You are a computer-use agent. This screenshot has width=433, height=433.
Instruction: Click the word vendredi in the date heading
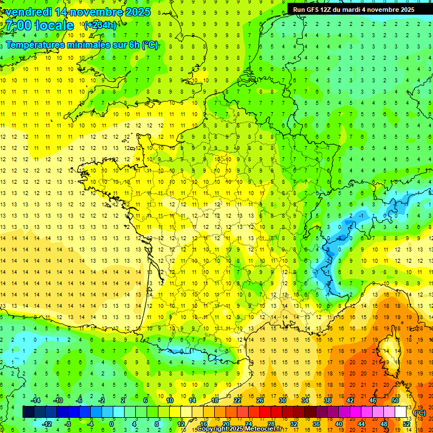(x=28, y=12)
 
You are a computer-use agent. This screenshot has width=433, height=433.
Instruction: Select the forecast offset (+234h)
(x=100, y=25)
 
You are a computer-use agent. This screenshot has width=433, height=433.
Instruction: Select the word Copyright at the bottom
(x=212, y=429)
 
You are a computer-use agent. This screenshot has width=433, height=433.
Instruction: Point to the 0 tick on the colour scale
(x=112, y=424)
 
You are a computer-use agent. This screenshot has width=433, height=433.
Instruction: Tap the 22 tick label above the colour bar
(x=237, y=400)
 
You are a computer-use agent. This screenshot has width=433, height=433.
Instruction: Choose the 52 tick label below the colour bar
(x=406, y=424)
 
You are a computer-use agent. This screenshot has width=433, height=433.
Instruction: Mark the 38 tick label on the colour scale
(x=327, y=400)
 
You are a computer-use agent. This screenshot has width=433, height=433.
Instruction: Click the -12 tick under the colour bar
(x=47, y=424)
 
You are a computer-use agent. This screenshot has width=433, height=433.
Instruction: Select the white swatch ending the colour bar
(x=401, y=412)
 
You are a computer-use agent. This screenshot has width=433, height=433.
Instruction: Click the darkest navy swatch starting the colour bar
(x=28, y=412)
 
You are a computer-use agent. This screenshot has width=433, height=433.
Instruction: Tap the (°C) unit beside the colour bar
(x=419, y=413)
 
